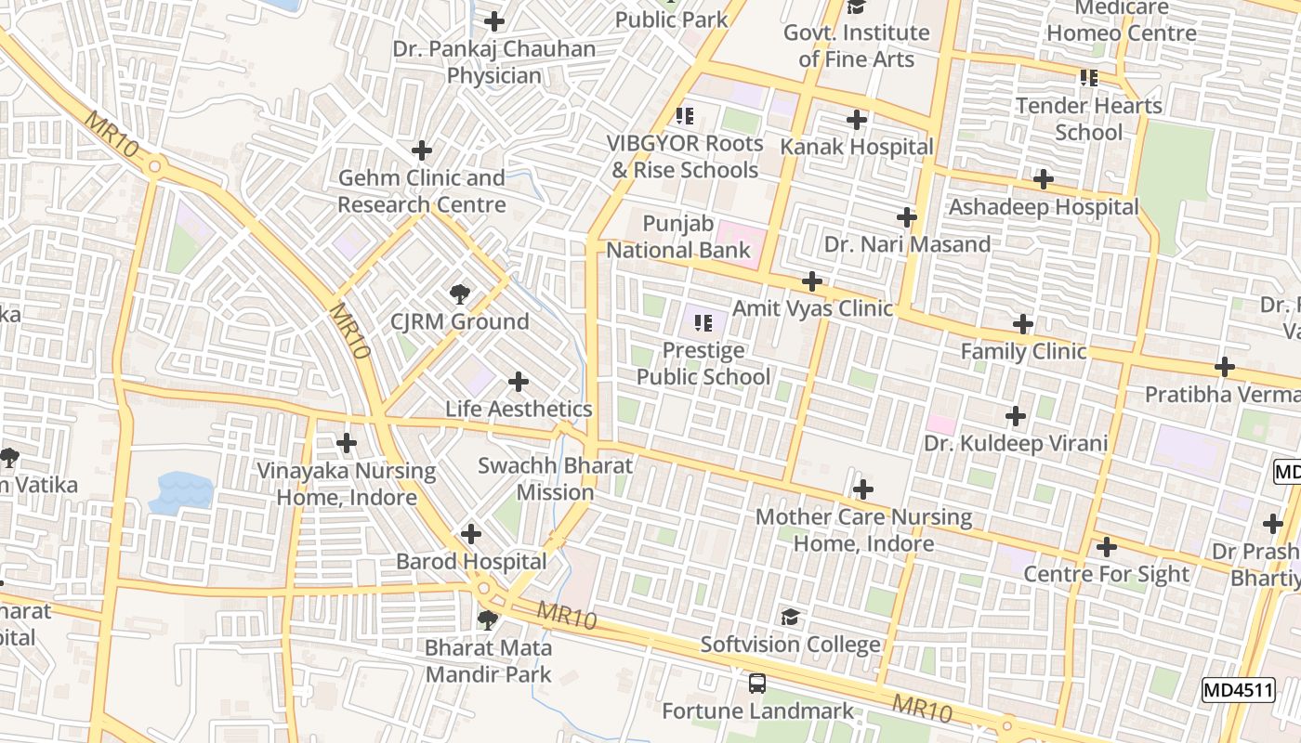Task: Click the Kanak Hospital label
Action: click(x=856, y=147)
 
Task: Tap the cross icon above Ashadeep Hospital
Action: click(x=1044, y=178)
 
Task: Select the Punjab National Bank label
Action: click(x=678, y=237)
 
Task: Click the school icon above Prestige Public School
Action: click(x=703, y=322)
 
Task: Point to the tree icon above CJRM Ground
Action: click(x=459, y=294)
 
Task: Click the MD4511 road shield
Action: click(x=1238, y=690)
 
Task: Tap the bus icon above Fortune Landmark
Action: click(x=757, y=684)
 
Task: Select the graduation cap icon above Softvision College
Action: click(x=790, y=617)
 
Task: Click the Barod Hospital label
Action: click(x=471, y=561)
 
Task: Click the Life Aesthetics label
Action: click(x=519, y=409)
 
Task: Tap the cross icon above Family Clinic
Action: click(x=1023, y=324)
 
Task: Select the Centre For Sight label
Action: click(x=1106, y=574)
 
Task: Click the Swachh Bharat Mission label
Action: click(x=555, y=478)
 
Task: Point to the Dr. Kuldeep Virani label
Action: click(x=1016, y=443)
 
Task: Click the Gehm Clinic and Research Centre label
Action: click(x=422, y=190)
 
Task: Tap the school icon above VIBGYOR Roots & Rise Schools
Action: click(x=685, y=116)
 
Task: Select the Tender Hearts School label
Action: click(x=1088, y=118)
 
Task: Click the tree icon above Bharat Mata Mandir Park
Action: click(x=488, y=619)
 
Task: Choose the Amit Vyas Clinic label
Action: click(x=812, y=307)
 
